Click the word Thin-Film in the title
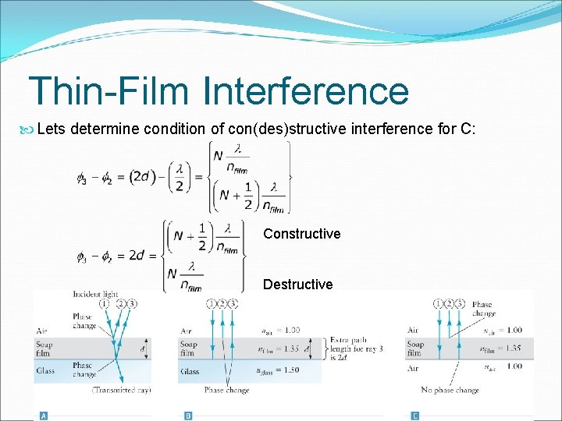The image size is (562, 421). point(108,90)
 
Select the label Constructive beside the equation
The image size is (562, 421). point(301,234)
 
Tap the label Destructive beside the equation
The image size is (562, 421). point(297,285)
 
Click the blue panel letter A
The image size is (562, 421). point(44,416)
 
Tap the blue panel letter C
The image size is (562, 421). point(414,416)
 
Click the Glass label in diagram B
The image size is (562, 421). point(190,371)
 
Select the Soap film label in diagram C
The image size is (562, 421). point(416,348)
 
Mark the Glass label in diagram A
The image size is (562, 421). point(46,371)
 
